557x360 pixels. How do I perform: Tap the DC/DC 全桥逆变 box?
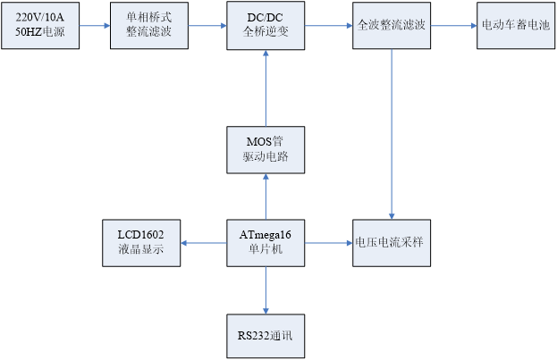[x=265, y=25]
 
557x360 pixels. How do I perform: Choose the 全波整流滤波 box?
[x=391, y=25]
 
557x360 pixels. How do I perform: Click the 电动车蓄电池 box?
[x=512, y=25]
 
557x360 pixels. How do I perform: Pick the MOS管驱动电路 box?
[x=265, y=150]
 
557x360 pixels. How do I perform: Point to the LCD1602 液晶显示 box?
[x=141, y=242]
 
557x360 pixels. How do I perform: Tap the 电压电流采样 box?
[x=391, y=242]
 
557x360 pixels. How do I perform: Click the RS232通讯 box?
[x=265, y=336]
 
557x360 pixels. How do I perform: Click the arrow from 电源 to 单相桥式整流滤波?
[x=92, y=25]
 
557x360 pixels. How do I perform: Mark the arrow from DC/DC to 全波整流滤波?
[x=327, y=25]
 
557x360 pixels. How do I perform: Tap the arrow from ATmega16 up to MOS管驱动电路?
[x=265, y=197]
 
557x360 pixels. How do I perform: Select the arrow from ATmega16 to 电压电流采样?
[x=327, y=242]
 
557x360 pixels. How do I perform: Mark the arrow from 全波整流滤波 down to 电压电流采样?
[x=391, y=134]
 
